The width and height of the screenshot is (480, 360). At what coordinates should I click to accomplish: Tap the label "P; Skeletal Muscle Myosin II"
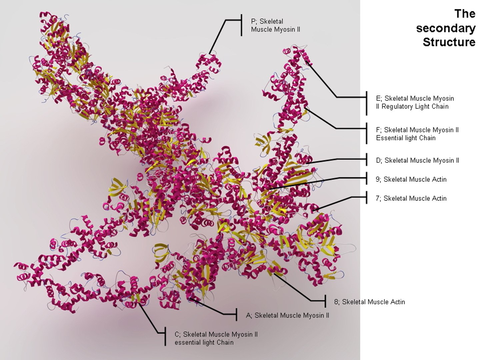(275, 26)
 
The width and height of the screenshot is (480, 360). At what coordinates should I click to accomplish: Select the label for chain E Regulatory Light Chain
(415, 103)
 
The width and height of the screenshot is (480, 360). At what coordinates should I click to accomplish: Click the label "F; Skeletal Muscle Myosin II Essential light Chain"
(417, 134)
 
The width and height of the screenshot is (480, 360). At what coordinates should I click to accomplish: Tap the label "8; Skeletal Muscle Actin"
(370, 302)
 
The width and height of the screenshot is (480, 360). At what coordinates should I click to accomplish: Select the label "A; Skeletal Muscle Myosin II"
(287, 315)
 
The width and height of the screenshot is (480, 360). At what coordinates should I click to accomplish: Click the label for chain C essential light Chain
(216, 338)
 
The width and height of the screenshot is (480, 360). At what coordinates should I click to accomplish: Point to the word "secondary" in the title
(446, 28)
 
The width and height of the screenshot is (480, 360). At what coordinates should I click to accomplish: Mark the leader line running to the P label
(217, 37)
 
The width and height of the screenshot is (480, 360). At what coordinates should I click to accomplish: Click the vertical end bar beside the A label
(236, 314)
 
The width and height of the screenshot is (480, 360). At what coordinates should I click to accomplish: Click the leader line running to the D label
(337, 160)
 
